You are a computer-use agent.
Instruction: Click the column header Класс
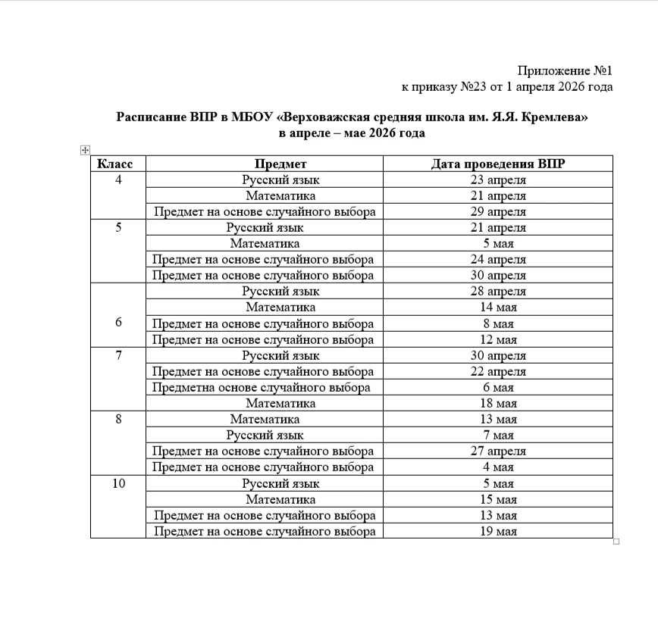[x=115, y=164]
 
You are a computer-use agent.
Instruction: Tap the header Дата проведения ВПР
[x=498, y=164]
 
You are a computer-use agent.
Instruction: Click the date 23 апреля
[x=498, y=180]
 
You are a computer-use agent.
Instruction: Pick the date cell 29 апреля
[x=498, y=212]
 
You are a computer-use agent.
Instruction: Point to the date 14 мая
[x=498, y=308]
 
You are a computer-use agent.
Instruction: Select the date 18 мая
[x=498, y=403]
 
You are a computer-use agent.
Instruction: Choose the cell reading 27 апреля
[x=498, y=451]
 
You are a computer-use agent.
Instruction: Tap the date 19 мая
[x=498, y=531]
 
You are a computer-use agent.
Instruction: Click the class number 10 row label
[x=118, y=483]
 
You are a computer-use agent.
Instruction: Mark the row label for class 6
[x=118, y=322]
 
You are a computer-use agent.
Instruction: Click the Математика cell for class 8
[x=265, y=419]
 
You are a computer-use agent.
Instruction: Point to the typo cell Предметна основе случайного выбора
[x=262, y=387]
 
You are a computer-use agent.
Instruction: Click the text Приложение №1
[x=565, y=70]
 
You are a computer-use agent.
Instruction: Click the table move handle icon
[x=85, y=150]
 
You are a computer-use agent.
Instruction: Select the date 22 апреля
[x=498, y=371]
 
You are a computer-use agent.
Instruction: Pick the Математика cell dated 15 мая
[x=280, y=499]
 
